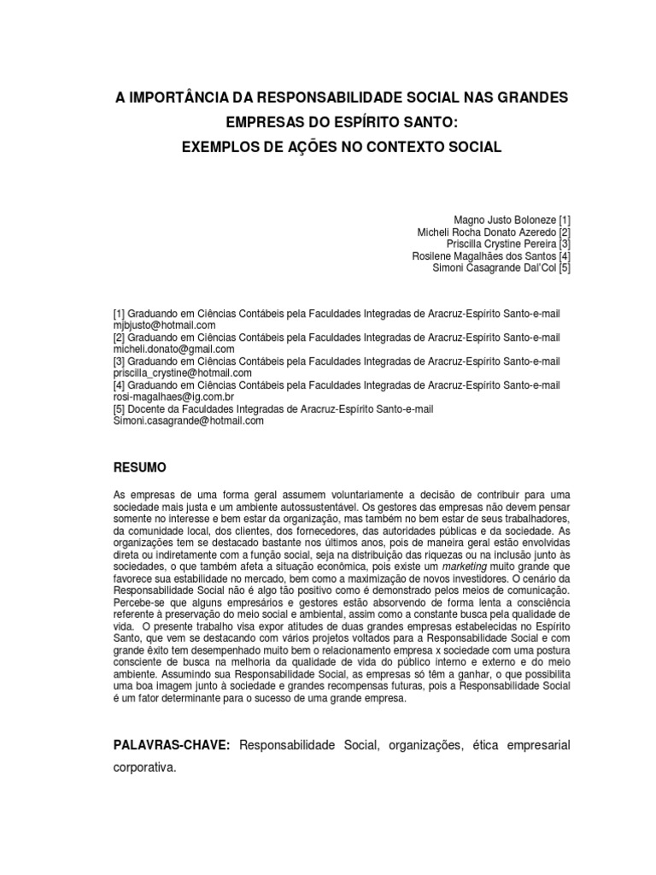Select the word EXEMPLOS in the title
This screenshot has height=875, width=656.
tap(218, 147)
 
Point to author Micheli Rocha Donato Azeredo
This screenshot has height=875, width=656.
tap(485, 232)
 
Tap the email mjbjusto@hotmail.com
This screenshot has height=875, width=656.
tap(165, 326)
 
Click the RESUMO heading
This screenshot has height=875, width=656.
tap(140, 467)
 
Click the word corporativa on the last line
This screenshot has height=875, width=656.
tap(144, 768)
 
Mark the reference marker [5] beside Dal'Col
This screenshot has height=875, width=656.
tap(564, 267)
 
